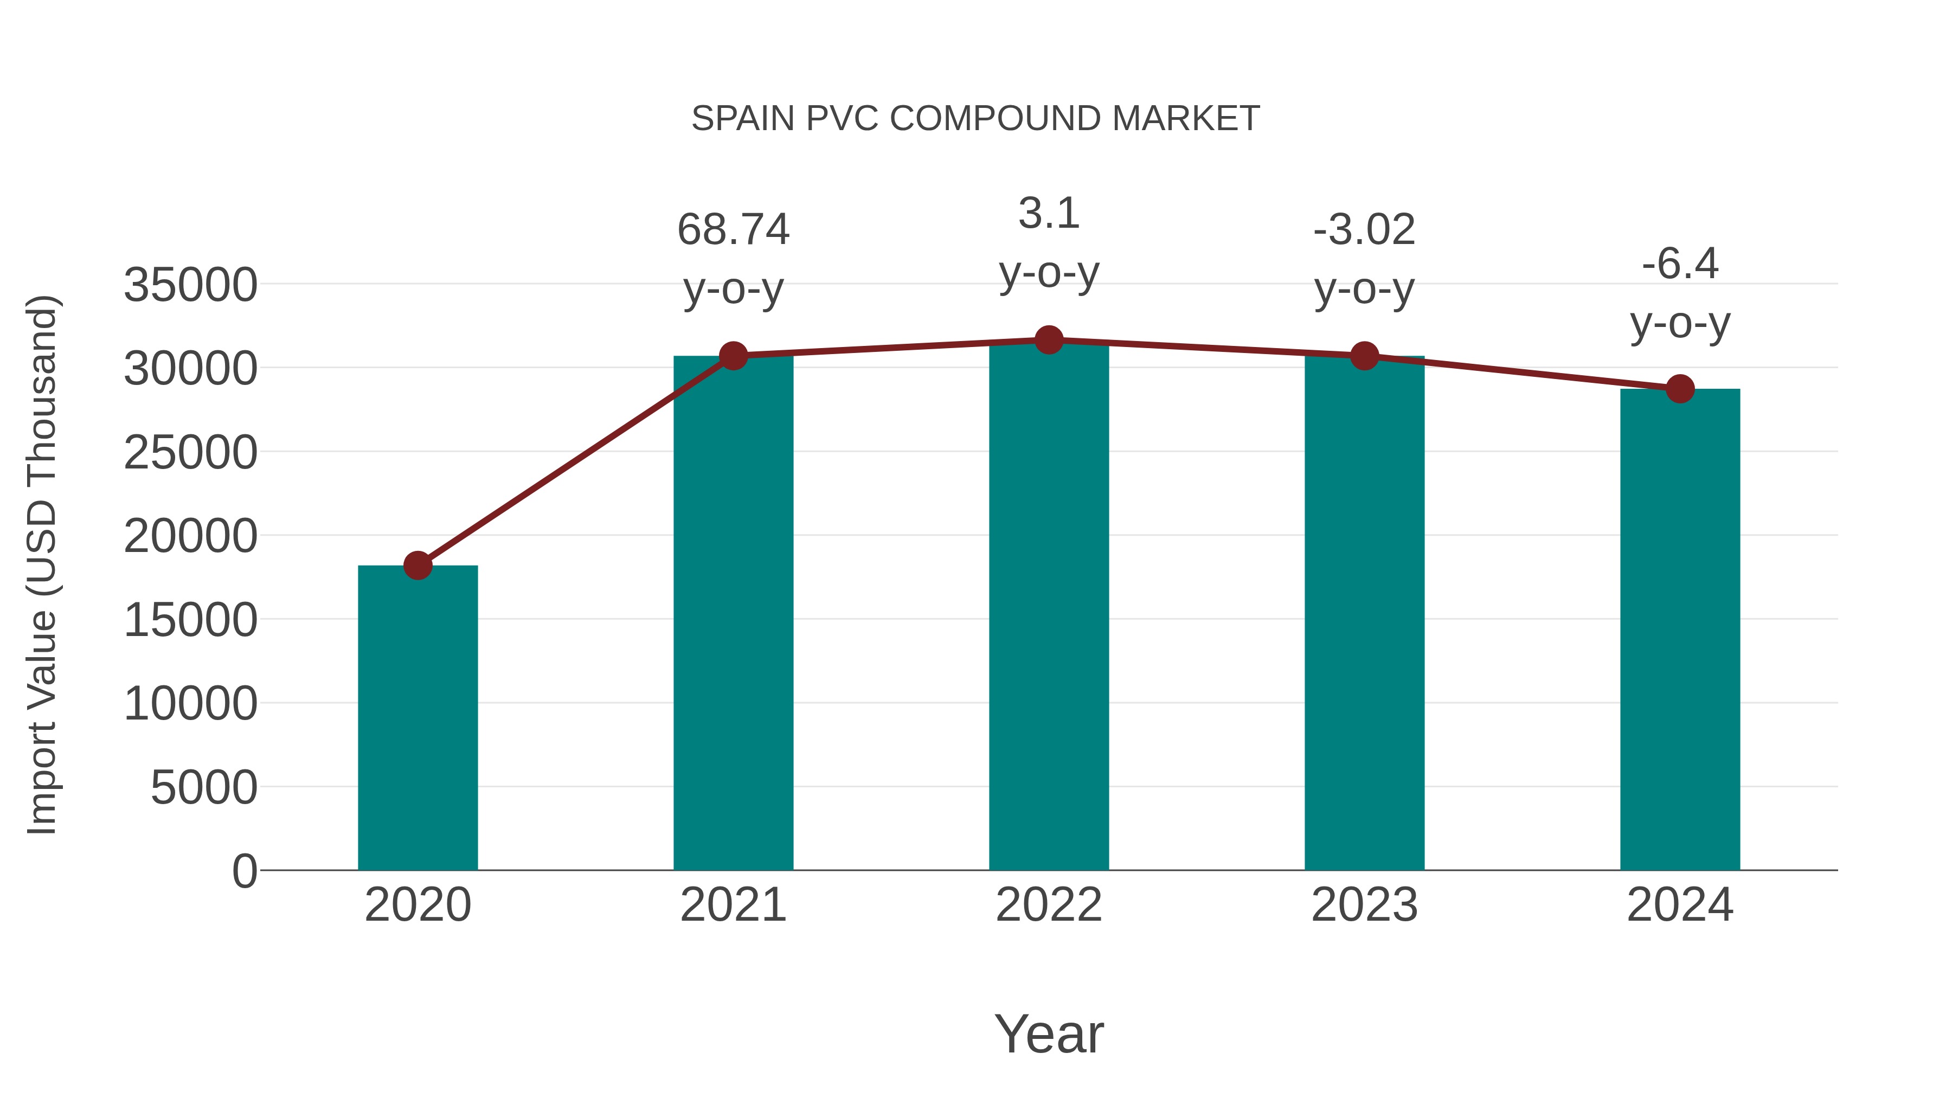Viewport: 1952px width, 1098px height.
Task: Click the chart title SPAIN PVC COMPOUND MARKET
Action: pos(975,119)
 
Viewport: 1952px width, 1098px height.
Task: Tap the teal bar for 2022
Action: pos(1049,606)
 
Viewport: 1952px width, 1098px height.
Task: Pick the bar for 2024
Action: pos(1680,629)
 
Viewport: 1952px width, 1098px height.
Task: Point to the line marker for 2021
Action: pos(733,355)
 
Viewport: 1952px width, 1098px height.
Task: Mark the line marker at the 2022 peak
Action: pos(1049,340)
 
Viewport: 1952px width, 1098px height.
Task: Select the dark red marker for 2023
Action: pos(1364,355)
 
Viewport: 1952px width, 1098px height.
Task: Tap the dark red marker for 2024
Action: pos(1680,389)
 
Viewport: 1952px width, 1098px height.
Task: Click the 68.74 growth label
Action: pos(733,229)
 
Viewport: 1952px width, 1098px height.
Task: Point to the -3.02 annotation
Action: pos(1364,229)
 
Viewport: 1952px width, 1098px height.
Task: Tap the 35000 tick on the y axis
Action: pos(190,286)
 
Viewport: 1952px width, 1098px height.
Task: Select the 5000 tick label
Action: pos(204,787)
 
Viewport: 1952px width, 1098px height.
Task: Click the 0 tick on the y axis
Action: pos(244,871)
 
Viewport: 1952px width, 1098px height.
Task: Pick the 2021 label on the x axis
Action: pos(733,905)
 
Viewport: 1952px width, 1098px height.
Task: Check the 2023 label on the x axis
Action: pos(1364,905)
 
